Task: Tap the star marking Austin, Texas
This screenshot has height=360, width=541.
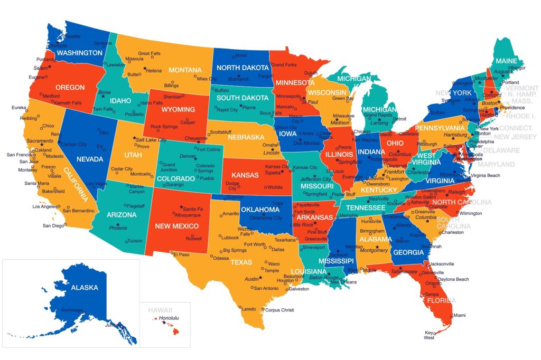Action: pos(260,277)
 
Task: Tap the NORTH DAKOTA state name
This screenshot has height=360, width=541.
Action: pos(243,68)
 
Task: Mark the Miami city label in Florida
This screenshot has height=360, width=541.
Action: pos(460,315)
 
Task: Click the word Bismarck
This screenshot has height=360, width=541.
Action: pos(238,79)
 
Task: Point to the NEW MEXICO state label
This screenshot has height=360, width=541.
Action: pos(176,226)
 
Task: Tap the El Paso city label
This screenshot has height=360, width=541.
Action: pos(183,254)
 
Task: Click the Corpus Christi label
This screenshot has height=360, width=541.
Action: pos(279,310)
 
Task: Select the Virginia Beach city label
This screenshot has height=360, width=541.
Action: pos(486,175)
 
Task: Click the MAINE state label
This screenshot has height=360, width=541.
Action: pos(506,61)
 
